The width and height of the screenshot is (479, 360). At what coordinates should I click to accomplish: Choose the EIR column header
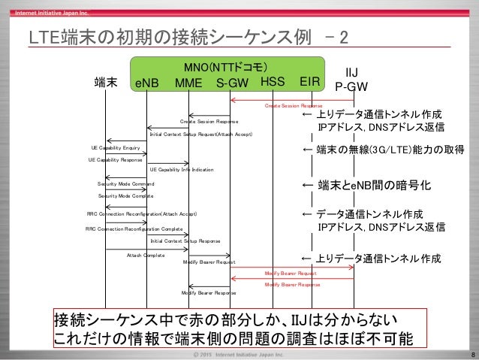310,80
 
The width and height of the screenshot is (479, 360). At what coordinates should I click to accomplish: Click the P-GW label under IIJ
351,86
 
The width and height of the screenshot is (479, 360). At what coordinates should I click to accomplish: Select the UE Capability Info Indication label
182,169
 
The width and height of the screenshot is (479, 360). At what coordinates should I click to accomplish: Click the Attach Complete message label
146,255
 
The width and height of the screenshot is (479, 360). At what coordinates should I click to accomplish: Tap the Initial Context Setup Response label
185,241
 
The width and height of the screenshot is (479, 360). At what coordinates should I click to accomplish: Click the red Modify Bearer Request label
291,274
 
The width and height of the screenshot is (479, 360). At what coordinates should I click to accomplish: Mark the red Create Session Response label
293,106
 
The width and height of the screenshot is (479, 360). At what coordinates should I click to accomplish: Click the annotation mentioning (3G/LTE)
383,150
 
